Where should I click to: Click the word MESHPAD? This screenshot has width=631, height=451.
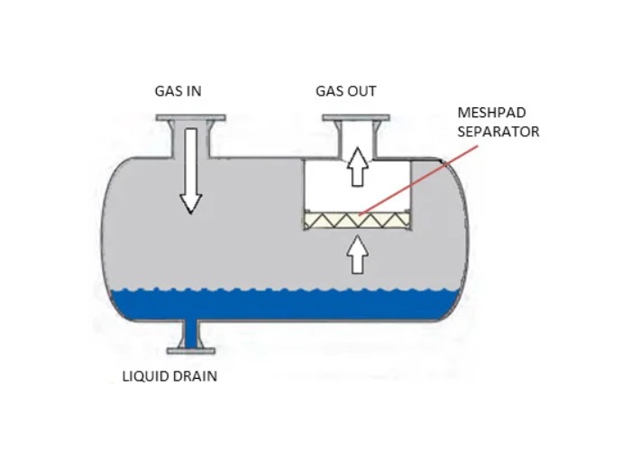click(492, 113)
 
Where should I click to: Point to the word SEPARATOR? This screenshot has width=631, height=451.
click(498, 132)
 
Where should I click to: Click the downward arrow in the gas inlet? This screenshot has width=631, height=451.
click(191, 170)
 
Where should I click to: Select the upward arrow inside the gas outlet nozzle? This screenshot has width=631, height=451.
click(357, 167)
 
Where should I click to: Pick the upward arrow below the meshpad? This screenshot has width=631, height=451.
click(357, 254)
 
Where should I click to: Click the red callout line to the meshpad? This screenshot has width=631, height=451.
click(418, 180)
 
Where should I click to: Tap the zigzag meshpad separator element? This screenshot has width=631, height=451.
click(357, 220)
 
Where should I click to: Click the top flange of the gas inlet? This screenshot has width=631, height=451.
click(191, 118)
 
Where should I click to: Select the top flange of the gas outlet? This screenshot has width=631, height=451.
click(356, 118)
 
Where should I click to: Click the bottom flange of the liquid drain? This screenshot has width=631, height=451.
click(191, 351)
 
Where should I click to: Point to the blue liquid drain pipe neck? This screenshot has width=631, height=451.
click(191, 335)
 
